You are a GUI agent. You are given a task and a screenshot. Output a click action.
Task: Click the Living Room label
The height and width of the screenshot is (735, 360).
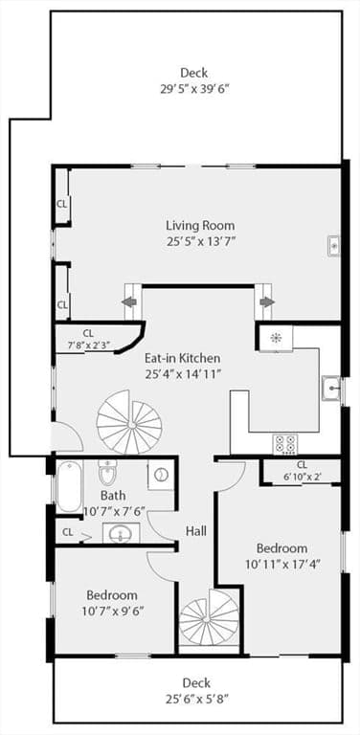point(200,226)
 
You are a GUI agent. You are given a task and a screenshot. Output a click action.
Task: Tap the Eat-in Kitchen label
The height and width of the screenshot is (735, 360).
point(182,359)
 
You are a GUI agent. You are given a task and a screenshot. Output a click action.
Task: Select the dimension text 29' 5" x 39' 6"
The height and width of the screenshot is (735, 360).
point(194,89)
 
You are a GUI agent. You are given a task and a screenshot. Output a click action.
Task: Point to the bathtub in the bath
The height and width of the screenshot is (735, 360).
point(69,486)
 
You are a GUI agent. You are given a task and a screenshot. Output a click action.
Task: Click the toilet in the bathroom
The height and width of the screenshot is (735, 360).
point(107,473)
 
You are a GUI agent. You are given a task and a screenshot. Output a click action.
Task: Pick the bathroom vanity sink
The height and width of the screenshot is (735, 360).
point(121,533)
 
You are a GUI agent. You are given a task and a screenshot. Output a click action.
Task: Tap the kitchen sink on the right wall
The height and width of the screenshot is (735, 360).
point(331,389)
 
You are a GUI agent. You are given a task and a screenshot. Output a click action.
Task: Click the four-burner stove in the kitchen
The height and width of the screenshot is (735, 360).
point(285,444)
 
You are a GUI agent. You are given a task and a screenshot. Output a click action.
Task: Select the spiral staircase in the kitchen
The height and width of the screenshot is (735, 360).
point(129,422)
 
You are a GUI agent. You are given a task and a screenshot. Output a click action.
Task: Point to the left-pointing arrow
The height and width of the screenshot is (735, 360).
point(129,302)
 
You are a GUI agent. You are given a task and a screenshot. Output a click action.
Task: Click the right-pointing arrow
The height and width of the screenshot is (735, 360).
point(267,301)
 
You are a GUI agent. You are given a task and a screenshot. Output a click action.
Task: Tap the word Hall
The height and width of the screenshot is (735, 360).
point(196,531)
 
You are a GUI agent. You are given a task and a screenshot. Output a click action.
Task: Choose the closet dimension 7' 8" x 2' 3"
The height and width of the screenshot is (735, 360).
point(89,345)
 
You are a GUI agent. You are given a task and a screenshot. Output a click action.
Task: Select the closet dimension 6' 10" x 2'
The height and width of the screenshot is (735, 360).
point(302,478)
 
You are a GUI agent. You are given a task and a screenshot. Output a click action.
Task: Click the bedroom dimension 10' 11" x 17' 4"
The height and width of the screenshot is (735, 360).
point(282,564)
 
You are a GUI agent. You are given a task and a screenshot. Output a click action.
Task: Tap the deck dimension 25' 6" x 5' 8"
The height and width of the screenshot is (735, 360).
point(197,699)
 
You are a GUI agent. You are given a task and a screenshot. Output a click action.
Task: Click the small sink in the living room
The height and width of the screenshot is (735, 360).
point(334,246)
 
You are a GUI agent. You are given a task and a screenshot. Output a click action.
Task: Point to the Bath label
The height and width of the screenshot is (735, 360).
point(113,495)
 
